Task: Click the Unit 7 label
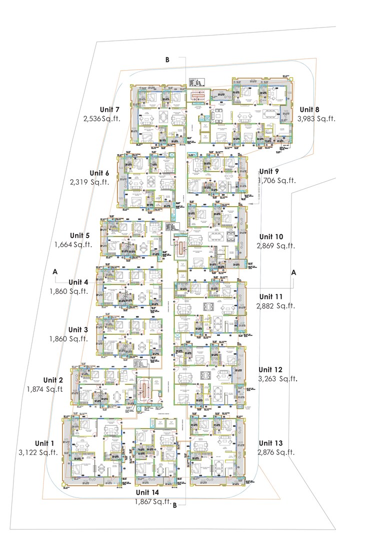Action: [109, 110]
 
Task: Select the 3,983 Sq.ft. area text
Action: [316, 119]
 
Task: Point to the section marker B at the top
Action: [167, 60]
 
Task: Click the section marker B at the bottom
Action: [174, 505]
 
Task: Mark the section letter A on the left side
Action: [55, 271]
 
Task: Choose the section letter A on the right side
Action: [294, 272]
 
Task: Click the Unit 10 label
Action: [271, 237]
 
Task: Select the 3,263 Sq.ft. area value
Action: [277, 379]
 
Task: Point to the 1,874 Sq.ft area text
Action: [45, 389]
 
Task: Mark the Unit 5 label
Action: [79, 236]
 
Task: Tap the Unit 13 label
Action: [270, 443]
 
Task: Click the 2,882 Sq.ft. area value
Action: [276, 306]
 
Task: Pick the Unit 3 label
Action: [78, 330]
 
